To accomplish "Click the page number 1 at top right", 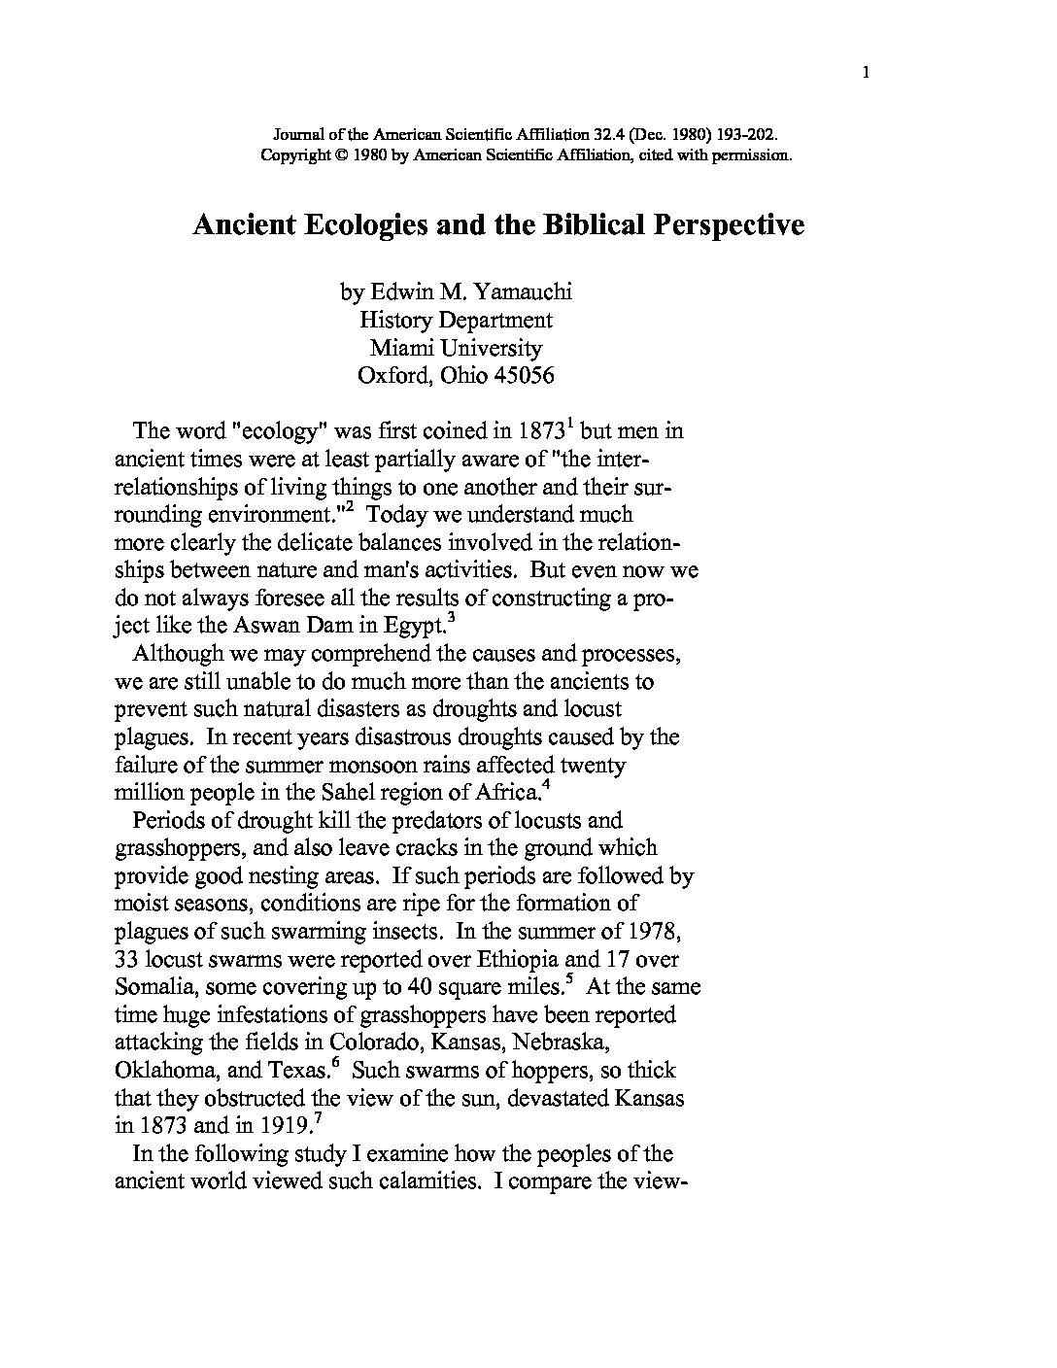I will coord(865,71).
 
